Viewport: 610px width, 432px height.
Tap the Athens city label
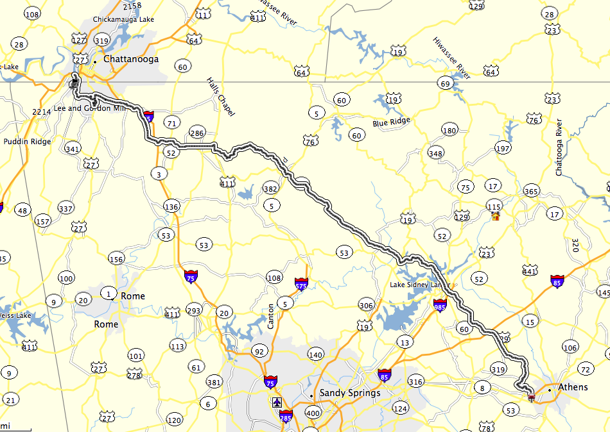tap(573, 387)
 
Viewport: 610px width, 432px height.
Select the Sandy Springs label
tap(350, 393)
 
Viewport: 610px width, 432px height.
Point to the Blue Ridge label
tap(390, 121)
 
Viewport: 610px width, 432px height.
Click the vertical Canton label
tap(271, 316)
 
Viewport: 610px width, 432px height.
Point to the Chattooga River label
tap(559, 147)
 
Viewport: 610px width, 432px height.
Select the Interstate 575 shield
tap(301, 283)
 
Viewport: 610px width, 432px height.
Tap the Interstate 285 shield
tap(286, 416)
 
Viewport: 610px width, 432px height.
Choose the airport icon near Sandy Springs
tap(277, 403)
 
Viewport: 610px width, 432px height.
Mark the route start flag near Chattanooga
tap(74, 81)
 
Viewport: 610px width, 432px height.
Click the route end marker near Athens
tap(531, 397)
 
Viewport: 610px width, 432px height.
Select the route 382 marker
tap(270, 188)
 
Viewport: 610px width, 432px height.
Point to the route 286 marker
tap(196, 133)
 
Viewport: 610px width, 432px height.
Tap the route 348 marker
tap(436, 154)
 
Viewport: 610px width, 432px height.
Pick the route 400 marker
tap(313, 413)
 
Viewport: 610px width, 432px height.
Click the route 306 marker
tap(366, 305)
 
